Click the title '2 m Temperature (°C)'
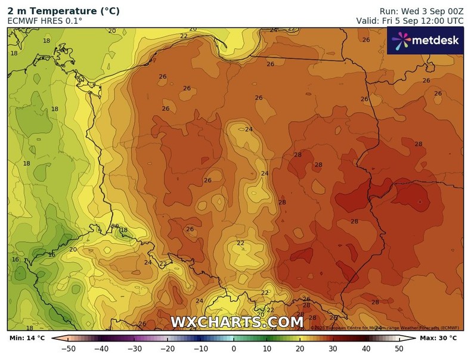pos(63,11)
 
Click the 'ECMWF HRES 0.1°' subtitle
pos(45,20)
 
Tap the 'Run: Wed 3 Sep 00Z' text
pos(422,11)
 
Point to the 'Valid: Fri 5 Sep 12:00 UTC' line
pos(410,20)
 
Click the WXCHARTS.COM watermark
pos(237,322)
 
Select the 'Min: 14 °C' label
pos(27,339)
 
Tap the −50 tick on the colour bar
pos(68,349)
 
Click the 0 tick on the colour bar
pos(234,349)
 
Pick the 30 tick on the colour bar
pos(333,349)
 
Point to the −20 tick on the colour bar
pos(168,349)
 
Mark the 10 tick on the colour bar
pos(267,349)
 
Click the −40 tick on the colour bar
pos(101,349)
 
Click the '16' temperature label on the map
pos(16,259)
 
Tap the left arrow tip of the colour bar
pos(53,339)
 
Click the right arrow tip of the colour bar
pos(416,339)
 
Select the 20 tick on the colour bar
pos(300,349)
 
